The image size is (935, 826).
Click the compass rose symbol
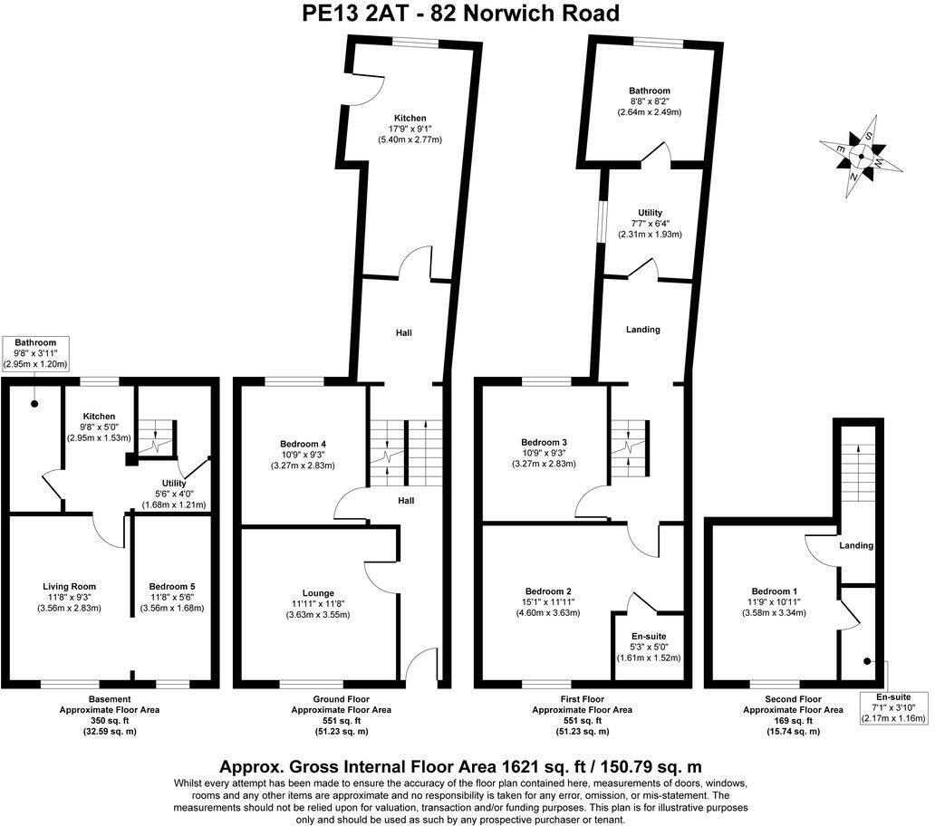pos(862,156)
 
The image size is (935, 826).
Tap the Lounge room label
pos(318,593)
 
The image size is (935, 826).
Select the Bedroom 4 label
pos(303,444)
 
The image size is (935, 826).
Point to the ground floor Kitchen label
pos(410,118)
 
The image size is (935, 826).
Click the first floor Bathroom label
pos(650,91)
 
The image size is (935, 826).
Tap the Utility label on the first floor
pos(650,213)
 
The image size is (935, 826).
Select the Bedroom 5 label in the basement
pos(172,586)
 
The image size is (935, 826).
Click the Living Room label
pos(69,586)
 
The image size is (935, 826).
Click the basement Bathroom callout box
pos(35,353)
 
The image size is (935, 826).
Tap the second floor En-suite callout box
pos(893,708)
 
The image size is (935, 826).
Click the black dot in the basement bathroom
pos(34,404)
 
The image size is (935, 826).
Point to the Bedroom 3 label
pos(544,442)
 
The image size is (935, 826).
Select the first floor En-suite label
pos(649,637)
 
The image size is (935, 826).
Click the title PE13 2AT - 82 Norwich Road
pos(460,13)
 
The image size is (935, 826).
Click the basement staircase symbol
pos(155,438)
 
